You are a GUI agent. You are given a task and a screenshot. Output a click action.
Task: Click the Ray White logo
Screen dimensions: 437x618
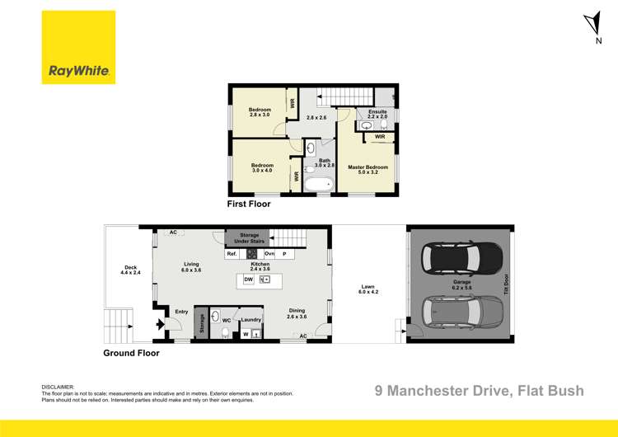79,47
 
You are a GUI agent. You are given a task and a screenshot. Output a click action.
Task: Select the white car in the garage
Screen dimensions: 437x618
463,312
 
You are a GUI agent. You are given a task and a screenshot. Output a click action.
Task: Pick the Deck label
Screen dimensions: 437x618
129,269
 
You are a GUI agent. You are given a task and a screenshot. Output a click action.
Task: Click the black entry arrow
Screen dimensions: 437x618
162,323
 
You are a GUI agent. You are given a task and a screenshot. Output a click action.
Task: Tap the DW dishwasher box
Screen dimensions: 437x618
248,280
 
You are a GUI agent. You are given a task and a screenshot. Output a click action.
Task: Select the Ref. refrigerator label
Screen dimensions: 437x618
232,254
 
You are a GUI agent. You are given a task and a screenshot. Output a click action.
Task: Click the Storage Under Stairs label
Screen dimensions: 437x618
249,238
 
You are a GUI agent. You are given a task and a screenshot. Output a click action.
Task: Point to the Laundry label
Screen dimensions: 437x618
251,317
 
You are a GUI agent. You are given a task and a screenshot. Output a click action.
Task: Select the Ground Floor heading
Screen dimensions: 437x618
131,352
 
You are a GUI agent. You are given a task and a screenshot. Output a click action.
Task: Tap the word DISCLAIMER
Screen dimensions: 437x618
58,386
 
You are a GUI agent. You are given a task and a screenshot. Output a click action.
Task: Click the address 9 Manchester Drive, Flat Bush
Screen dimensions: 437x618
479,390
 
